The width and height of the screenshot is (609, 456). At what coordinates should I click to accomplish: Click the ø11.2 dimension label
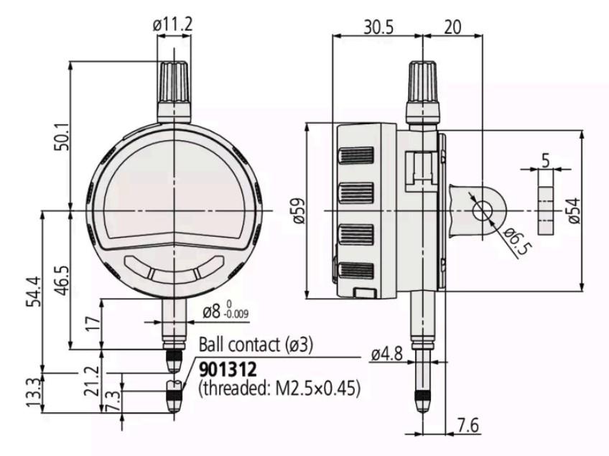click(x=172, y=25)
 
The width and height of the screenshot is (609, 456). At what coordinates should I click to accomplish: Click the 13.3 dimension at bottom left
click(x=34, y=393)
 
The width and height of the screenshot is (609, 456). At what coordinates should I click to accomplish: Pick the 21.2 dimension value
click(x=93, y=381)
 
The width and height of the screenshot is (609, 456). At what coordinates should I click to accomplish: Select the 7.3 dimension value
click(x=113, y=401)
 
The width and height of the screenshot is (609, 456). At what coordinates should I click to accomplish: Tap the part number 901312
click(x=228, y=369)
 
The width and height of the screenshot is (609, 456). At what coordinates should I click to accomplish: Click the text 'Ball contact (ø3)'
click(x=256, y=345)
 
